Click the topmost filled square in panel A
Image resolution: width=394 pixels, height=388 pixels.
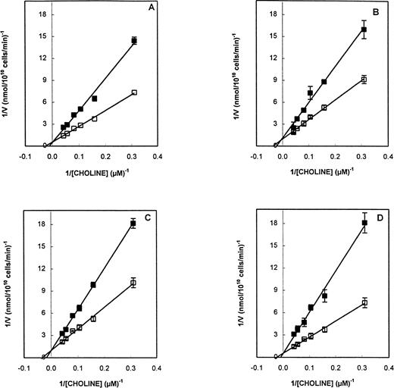pos(134,40)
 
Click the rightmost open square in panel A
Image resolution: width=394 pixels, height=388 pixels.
pos(134,92)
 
